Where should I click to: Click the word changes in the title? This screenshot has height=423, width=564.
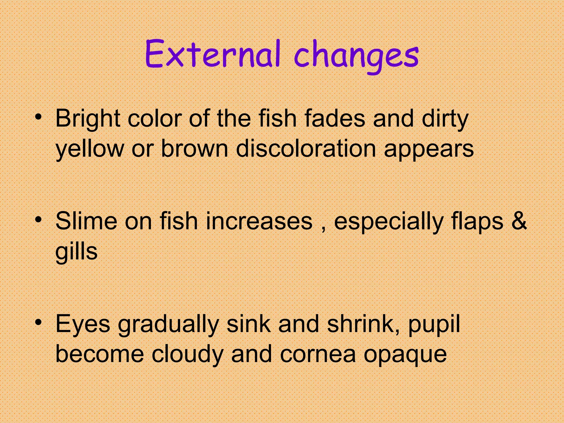click(356, 55)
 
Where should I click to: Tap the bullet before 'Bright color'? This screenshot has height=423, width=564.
click(39, 117)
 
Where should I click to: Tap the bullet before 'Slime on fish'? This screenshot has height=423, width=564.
click(39, 220)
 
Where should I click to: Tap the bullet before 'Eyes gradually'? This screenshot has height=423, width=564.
click(39, 322)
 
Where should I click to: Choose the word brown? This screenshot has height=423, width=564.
click(194, 149)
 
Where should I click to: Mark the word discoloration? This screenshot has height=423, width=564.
click(306, 149)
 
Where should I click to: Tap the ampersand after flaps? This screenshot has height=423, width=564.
click(519, 221)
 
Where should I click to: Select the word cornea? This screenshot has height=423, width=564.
click(318, 354)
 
